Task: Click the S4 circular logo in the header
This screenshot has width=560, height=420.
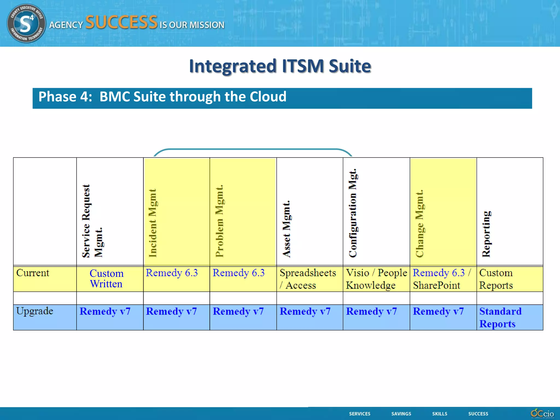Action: click(x=26, y=23)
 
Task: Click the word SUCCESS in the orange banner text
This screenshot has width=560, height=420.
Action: click(x=121, y=22)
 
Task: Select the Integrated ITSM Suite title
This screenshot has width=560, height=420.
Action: click(x=280, y=66)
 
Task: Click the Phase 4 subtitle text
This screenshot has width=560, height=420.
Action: click(x=162, y=97)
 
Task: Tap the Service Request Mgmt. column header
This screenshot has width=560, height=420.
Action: click(x=92, y=221)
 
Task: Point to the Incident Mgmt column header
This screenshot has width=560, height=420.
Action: click(x=153, y=223)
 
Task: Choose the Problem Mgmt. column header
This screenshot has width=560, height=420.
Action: click(x=219, y=221)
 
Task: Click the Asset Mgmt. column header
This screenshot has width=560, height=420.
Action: click(x=286, y=229)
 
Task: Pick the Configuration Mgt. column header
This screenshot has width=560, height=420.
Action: click(x=353, y=213)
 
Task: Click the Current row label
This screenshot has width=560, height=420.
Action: click(x=33, y=273)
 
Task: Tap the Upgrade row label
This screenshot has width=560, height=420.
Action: click(x=34, y=311)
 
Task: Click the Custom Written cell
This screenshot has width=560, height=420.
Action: click(x=106, y=279)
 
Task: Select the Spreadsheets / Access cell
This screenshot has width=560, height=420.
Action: click(x=307, y=279)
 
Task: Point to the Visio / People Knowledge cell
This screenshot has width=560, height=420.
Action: click(x=376, y=279)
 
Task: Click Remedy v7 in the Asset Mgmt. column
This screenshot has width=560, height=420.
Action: click(x=305, y=311)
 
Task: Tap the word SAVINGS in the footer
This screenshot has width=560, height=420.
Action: click(x=401, y=414)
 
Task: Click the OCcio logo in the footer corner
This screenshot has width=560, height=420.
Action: click(x=542, y=413)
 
